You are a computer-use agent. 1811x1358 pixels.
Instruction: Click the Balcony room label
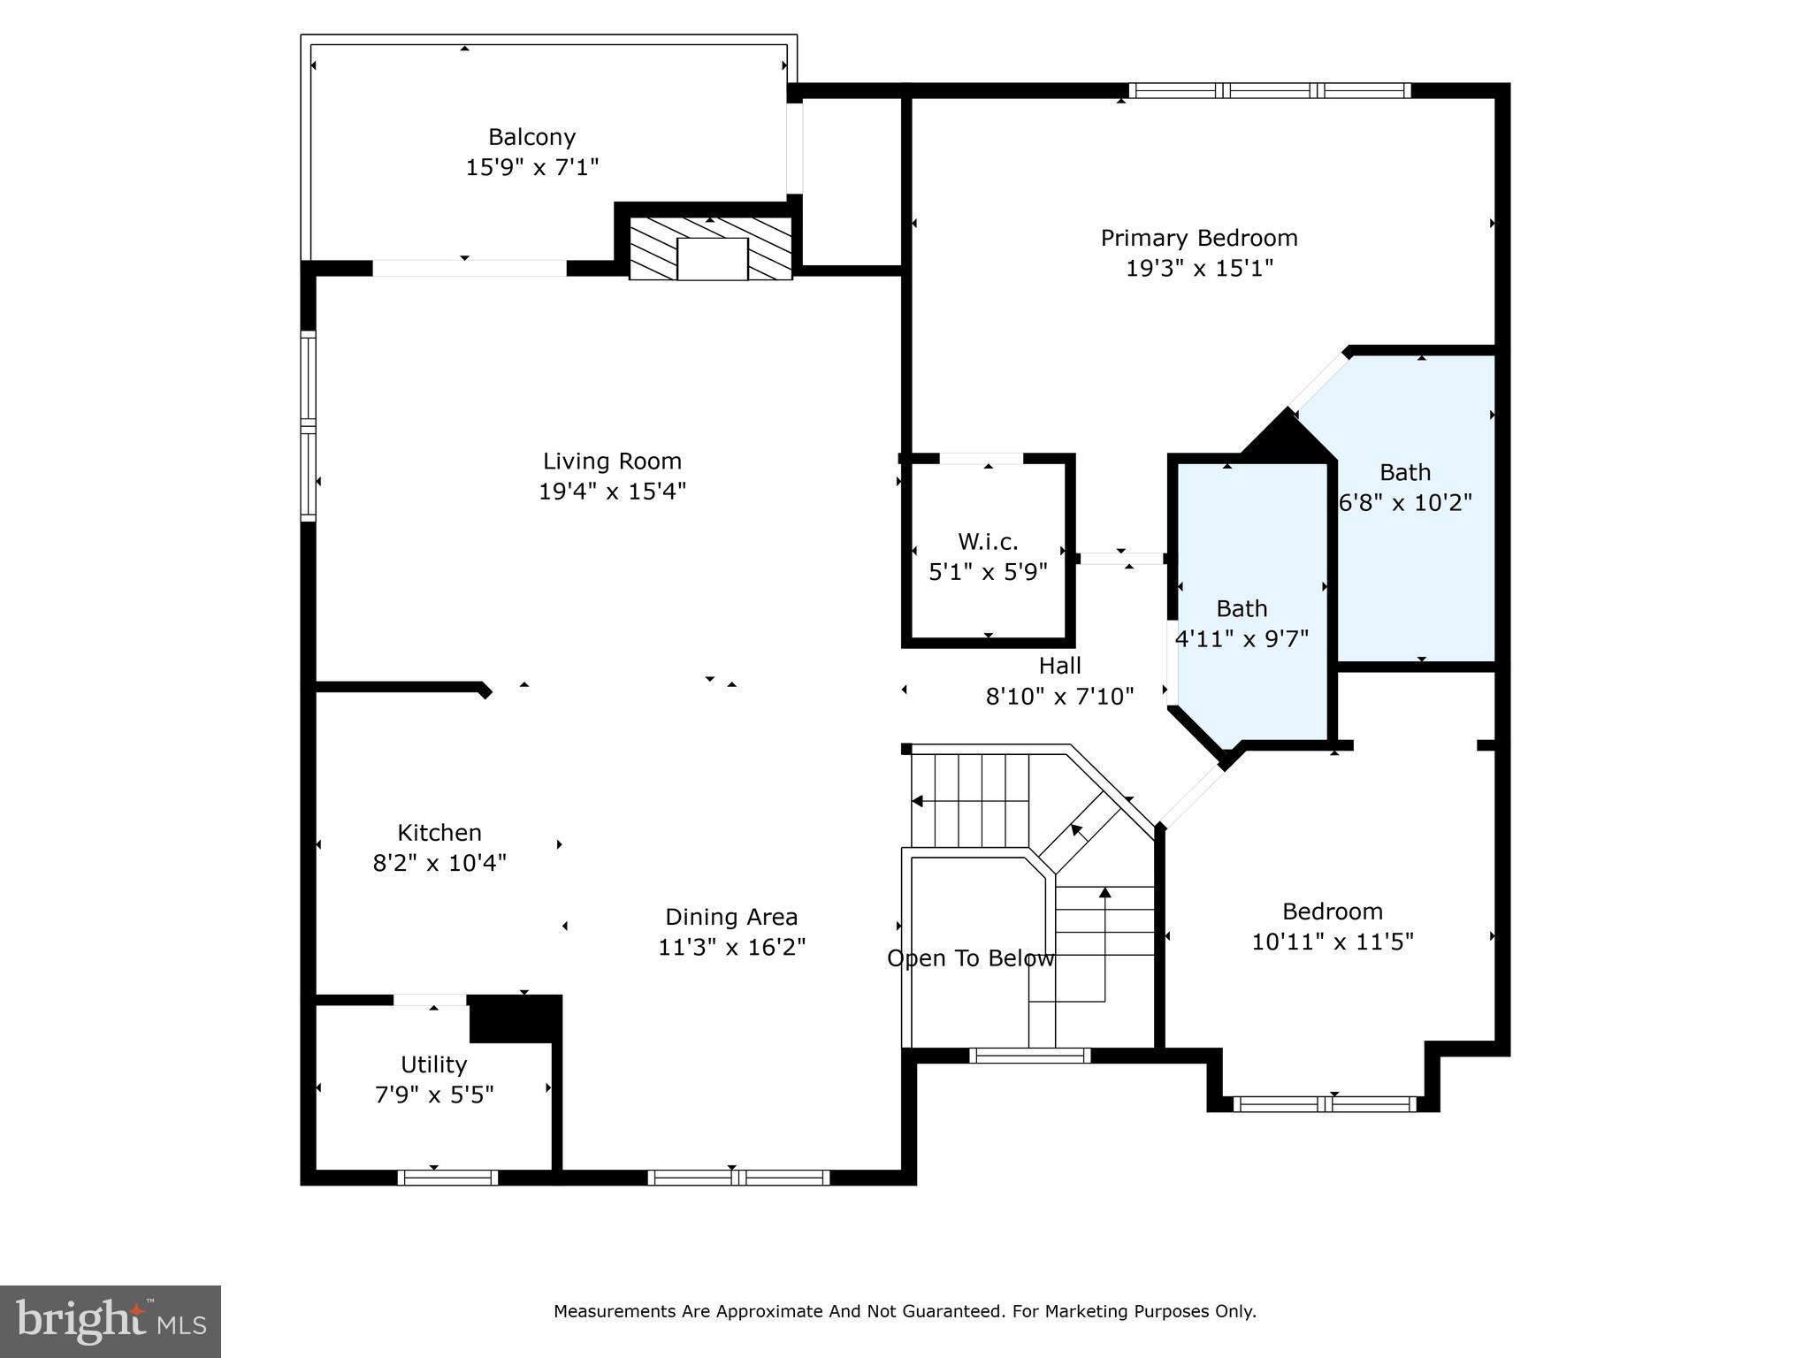click(531, 137)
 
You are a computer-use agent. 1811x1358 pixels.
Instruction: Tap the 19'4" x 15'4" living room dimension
click(613, 491)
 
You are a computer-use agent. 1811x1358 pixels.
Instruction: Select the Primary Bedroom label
click(1199, 238)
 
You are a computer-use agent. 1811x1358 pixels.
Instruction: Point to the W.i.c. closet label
click(988, 541)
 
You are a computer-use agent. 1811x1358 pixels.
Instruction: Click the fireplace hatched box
click(710, 248)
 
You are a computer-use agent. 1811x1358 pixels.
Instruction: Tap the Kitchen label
click(439, 833)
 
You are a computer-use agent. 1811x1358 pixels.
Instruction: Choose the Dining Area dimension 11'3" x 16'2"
click(732, 947)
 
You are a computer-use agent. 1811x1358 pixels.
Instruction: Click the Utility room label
click(433, 1064)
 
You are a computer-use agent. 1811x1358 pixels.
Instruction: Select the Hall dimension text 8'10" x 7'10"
click(1060, 697)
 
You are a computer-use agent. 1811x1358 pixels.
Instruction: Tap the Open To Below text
click(971, 958)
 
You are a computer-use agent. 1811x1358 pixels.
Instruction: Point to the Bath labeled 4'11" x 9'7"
click(1242, 608)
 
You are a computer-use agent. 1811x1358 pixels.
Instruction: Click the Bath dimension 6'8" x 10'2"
click(1405, 502)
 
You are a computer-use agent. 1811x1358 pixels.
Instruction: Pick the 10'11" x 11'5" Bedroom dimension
click(1333, 942)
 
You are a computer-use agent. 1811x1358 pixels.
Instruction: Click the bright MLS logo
click(111, 1322)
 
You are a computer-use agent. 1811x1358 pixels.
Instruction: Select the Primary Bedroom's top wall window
click(1270, 90)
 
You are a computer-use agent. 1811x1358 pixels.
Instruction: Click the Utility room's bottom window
click(447, 1178)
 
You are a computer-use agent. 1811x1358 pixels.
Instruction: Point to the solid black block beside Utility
click(516, 1018)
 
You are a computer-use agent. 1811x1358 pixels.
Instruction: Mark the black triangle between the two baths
click(1287, 435)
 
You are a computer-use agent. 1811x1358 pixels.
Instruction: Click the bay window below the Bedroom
click(1324, 1103)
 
